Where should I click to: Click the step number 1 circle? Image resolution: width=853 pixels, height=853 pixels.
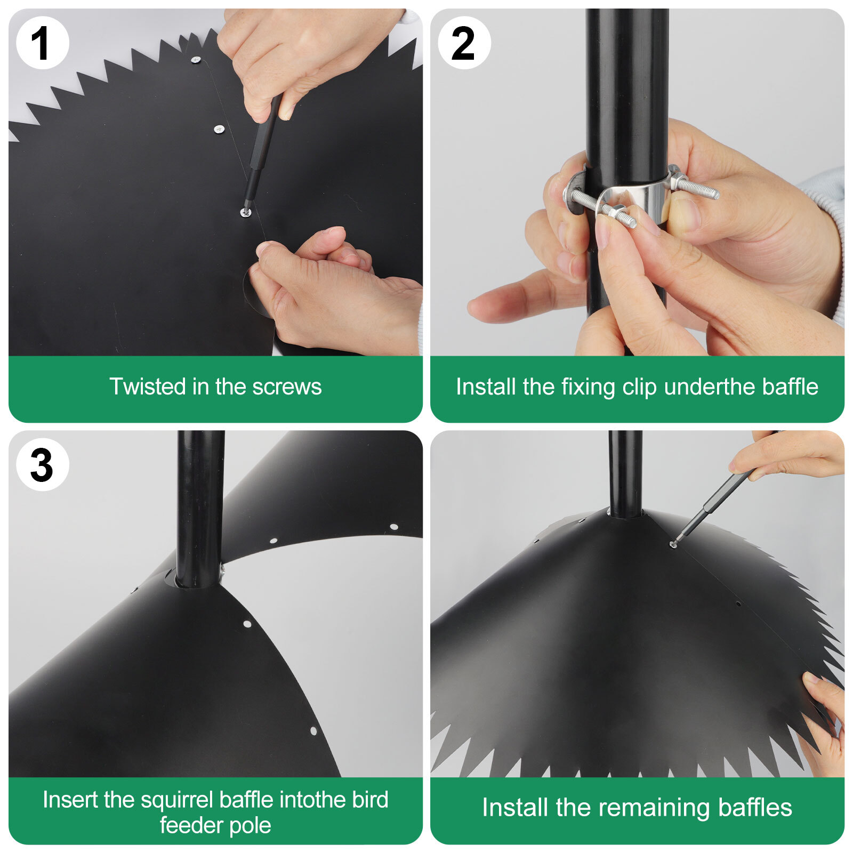42,43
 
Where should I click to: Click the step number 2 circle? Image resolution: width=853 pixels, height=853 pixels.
464,43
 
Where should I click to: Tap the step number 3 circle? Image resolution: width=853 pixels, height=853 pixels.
42,465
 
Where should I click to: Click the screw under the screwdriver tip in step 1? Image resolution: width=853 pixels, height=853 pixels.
245,212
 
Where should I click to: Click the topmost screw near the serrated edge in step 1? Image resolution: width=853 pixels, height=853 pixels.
196,60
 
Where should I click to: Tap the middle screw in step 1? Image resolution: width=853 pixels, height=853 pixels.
219,129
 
